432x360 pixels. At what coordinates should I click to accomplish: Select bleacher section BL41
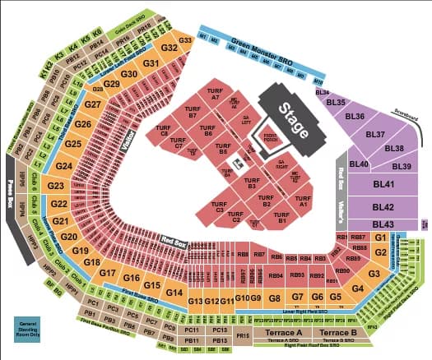click(x=383, y=186)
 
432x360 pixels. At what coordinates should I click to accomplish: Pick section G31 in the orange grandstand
click(x=151, y=62)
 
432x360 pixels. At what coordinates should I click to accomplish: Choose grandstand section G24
click(x=64, y=166)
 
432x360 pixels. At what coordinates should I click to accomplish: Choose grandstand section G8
click(x=276, y=297)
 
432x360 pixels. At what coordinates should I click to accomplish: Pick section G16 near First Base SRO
click(x=132, y=279)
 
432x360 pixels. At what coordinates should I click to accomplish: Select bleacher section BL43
click(x=383, y=224)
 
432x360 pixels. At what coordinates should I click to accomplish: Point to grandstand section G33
click(x=185, y=39)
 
